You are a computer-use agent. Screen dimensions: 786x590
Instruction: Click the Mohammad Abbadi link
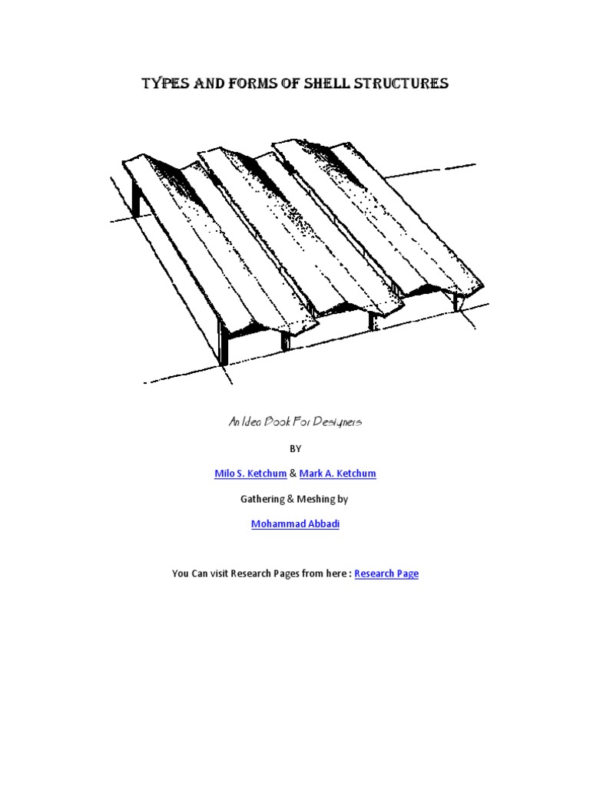point(295,524)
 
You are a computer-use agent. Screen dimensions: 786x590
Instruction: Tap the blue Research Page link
point(386,573)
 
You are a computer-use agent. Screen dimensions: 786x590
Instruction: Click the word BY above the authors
point(296,449)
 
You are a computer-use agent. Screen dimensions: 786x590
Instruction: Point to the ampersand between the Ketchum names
point(293,474)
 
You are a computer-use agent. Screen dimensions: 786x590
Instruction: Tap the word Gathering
point(262,499)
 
